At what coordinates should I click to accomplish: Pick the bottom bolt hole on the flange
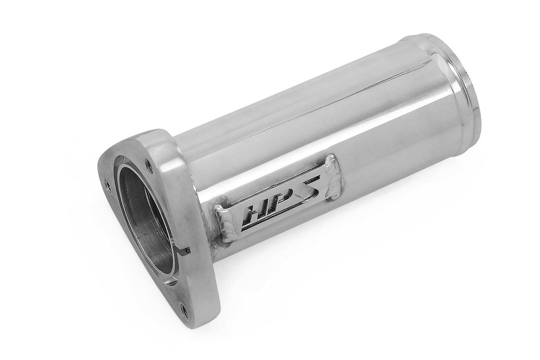point(183,310)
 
